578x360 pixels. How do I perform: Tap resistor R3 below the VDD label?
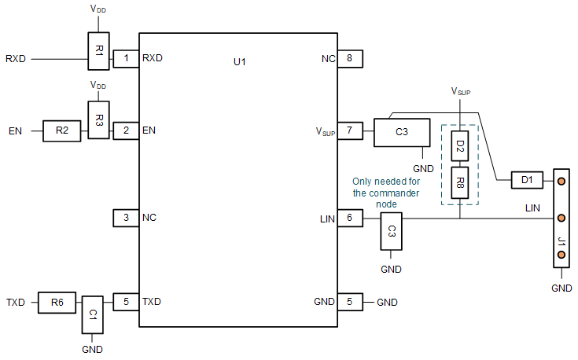pyautogui.click(x=99, y=120)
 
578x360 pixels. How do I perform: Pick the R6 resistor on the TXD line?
pyautogui.click(x=57, y=302)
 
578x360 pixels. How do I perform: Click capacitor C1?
pyautogui.click(x=92, y=314)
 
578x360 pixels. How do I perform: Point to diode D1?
pyautogui.click(x=528, y=181)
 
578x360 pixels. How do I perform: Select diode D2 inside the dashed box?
pyautogui.click(x=460, y=146)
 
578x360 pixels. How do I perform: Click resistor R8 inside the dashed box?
pyautogui.click(x=460, y=186)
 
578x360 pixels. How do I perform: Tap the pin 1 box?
pyautogui.click(x=126, y=58)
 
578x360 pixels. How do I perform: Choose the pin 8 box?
pyautogui.click(x=349, y=58)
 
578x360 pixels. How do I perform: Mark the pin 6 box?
pyautogui.click(x=349, y=219)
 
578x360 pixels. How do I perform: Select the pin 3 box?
pyautogui.click(x=126, y=217)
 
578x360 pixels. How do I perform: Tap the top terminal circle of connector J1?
pyautogui.click(x=561, y=181)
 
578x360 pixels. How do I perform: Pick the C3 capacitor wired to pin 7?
pyautogui.click(x=402, y=131)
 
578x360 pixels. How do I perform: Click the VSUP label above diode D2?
pyautogui.click(x=460, y=92)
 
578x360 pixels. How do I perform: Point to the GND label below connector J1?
pyautogui.click(x=561, y=288)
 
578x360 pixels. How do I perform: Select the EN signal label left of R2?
pyautogui.click(x=15, y=130)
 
